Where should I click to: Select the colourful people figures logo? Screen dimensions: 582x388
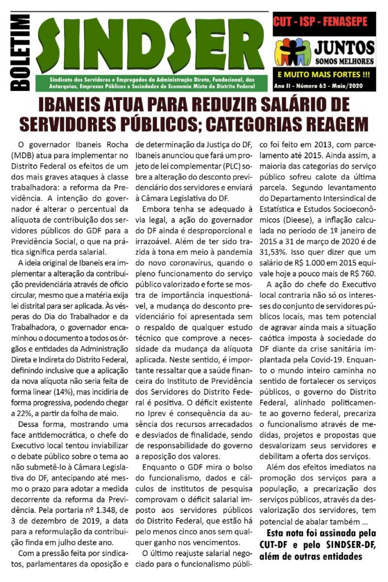pos(292,52)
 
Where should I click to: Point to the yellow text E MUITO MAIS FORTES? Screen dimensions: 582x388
pos(324,74)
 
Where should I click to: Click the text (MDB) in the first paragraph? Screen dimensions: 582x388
pos(24,156)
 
